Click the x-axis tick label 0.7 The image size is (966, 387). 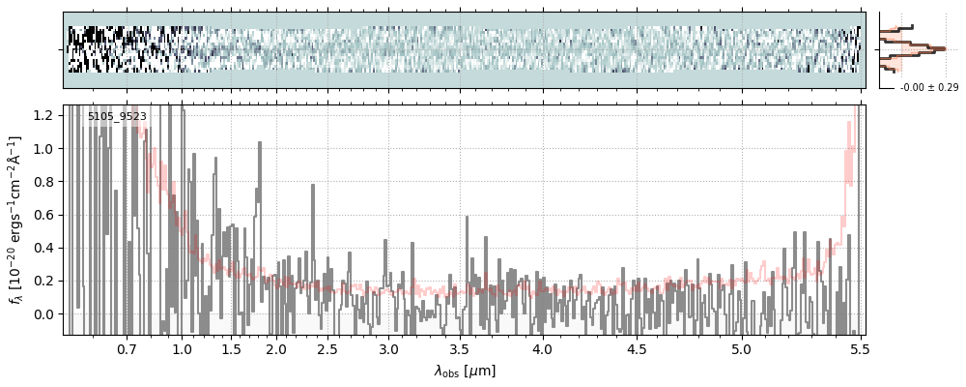tap(127, 348)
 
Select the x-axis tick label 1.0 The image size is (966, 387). tap(182, 348)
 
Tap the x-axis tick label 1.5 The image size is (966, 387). tap(232, 348)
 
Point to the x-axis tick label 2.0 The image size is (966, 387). tap(276, 348)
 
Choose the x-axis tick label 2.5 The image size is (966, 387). tap(327, 348)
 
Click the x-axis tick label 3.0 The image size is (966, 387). tap(388, 348)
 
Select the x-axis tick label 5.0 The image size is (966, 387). tap(741, 348)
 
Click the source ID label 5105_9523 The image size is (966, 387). tap(117, 117)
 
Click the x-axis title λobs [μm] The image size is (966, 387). tap(465, 371)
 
